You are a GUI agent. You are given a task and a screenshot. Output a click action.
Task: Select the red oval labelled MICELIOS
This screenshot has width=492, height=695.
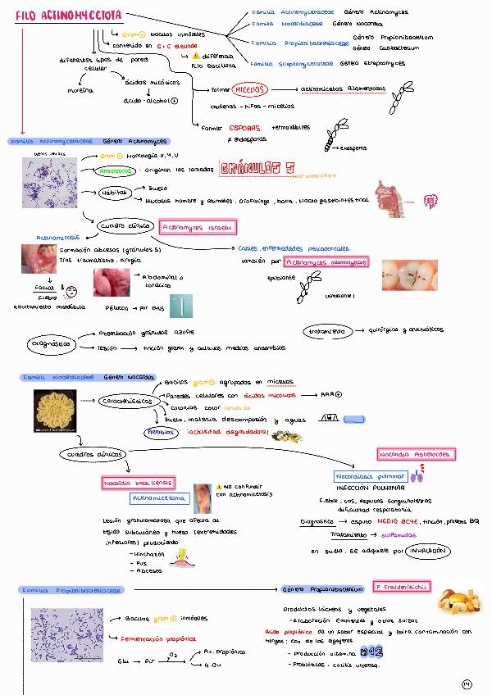coord(250,89)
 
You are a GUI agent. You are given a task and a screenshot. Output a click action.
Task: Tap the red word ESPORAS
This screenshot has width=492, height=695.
coord(244,127)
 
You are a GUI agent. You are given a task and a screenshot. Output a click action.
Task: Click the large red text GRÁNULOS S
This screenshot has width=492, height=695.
coord(256,169)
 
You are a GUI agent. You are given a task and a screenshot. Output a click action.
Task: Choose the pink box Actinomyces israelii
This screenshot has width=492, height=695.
coord(198,226)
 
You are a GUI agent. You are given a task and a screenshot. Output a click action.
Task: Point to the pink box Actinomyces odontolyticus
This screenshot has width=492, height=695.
coord(326,262)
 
